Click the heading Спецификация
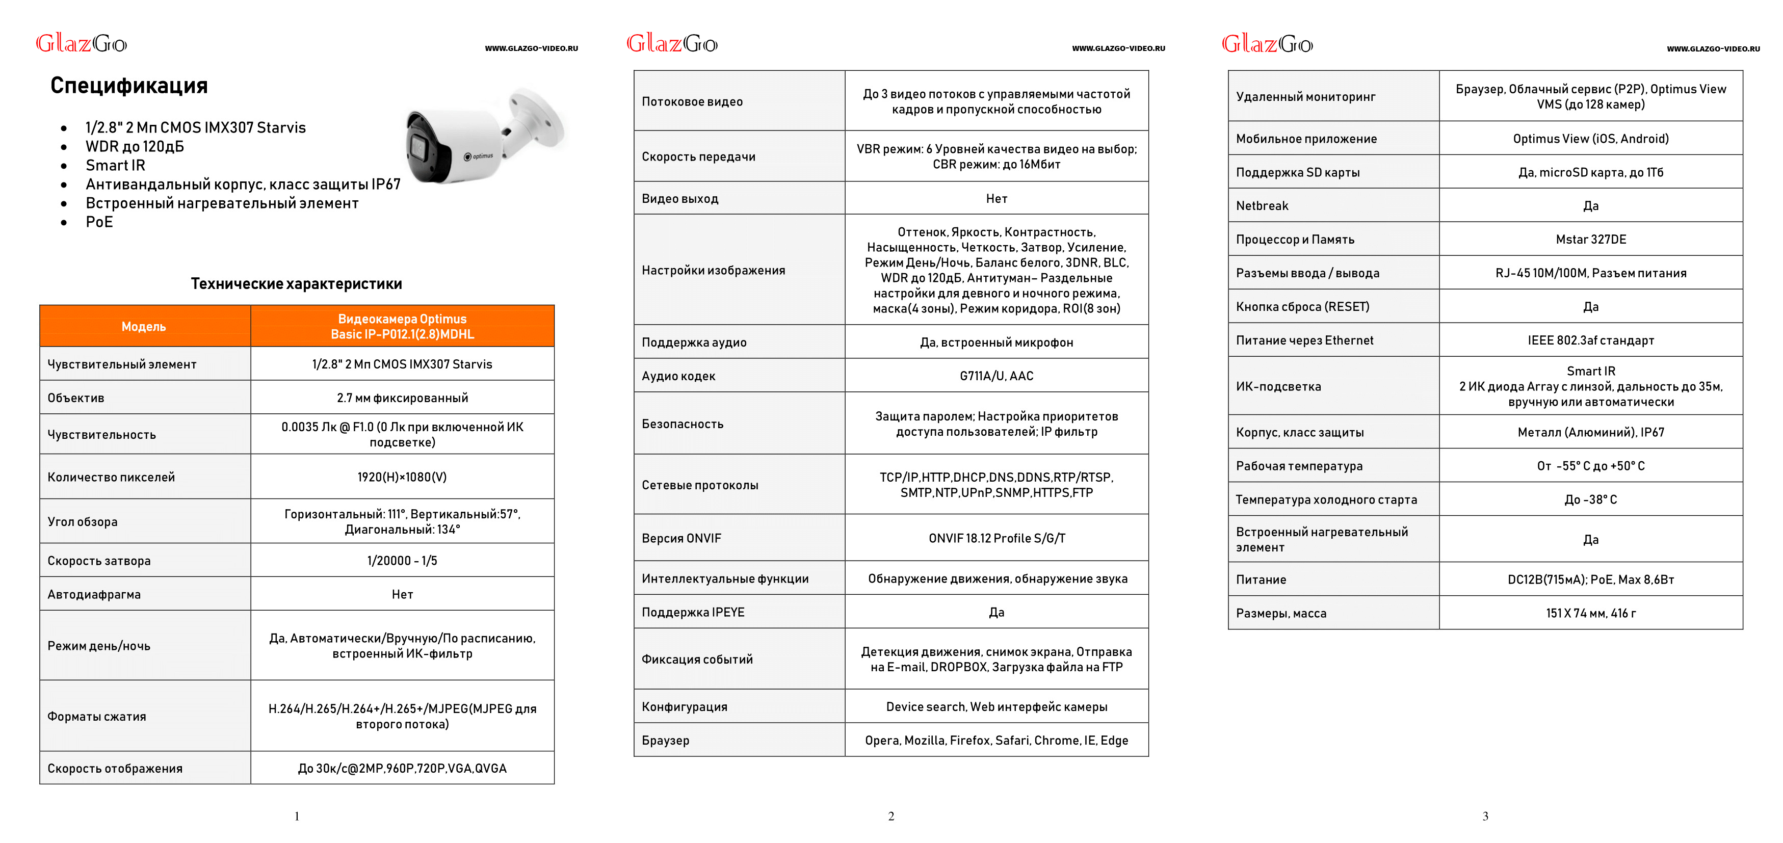point(129,86)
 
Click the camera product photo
point(485,137)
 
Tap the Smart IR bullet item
point(115,166)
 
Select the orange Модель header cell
point(144,327)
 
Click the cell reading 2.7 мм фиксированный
point(402,398)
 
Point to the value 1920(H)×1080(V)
point(402,477)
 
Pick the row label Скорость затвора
point(99,561)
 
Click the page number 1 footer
point(297,816)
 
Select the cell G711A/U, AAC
point(996,376)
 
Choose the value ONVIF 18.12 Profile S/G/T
point(997,538)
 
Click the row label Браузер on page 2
point(665,741)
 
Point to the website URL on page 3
point(1713,49)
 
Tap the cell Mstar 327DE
point(1590,240)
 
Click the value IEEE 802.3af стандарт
point(1590,340)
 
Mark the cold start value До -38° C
point(1590,499)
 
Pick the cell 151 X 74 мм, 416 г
point(1590,613)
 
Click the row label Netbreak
point(1262,205)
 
